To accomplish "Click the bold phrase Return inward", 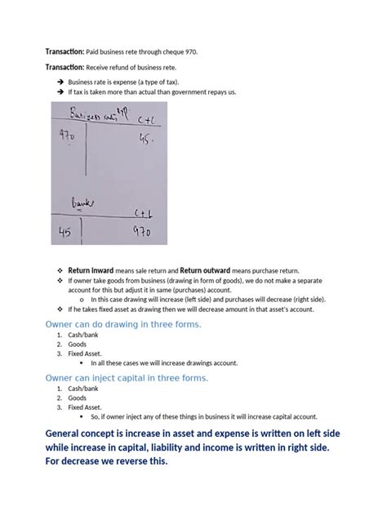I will click(91, 271).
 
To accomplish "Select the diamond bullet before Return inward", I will click(60, 271).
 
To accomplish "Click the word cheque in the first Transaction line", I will click(168, 51).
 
